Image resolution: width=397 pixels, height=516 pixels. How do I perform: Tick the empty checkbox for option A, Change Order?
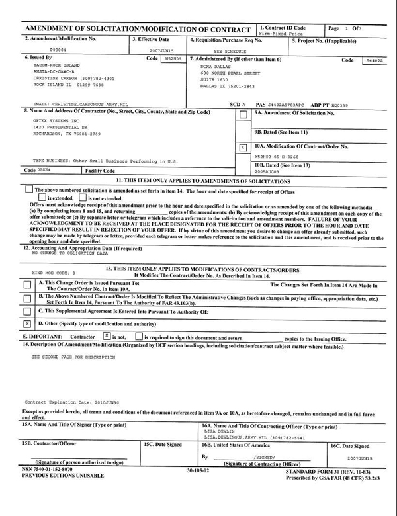(26, 286)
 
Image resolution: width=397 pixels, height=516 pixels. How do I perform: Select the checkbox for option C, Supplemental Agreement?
(26, 312)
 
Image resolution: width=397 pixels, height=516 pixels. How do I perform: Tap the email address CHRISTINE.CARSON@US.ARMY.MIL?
(79, 104)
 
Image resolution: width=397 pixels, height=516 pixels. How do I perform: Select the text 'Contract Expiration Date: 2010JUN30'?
(71, 402)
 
